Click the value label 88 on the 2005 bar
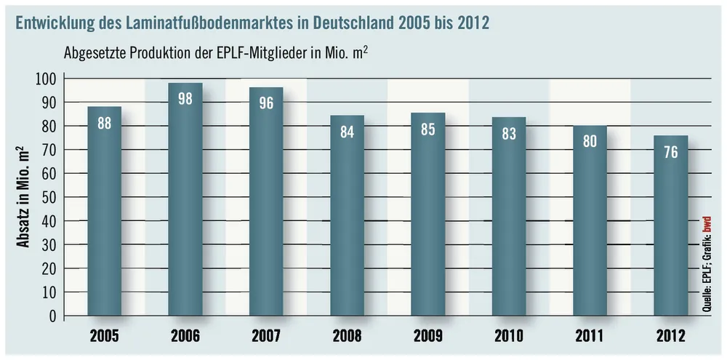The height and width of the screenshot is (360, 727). pyautogui.click(x=105, y=124)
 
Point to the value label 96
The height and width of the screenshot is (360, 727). pyautogui.click(x=266, y=103)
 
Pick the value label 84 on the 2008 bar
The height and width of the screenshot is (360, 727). pyautogui.click(x=347, y=132)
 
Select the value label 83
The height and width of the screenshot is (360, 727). pyautogui.click(x=509, y=134)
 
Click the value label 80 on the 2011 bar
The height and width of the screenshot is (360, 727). pyautogui.click(x=590, y=141)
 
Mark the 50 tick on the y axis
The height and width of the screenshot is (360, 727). pyautogui.click(x=48, y=197)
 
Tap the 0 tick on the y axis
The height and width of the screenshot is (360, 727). pyautogui.click(x=52, y=316)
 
